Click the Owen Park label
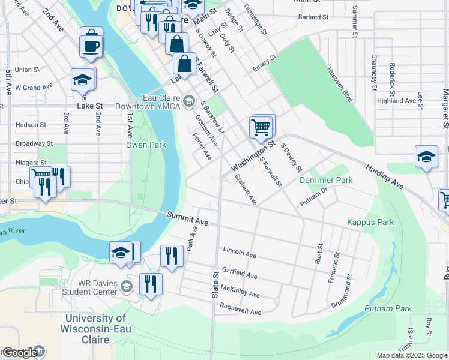145,145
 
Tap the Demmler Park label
326,180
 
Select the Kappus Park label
370,222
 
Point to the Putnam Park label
388,309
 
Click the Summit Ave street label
187,218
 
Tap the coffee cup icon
91,46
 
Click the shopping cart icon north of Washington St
261,127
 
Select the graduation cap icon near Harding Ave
426,157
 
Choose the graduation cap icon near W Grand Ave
82,80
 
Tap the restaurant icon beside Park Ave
172,256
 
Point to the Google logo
20,353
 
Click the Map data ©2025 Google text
411,355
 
